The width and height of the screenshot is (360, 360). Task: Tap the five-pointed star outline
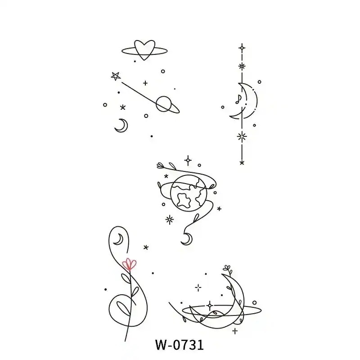click(x=116, y=76)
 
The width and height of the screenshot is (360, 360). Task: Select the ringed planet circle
click(x=163, y=104)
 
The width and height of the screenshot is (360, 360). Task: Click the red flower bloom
click(x=129, y=264)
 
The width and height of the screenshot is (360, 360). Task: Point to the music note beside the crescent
click(x=238, y=99)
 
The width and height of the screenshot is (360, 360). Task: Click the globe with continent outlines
click(x=189, y=193)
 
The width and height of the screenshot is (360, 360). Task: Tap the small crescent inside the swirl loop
click(x=118, y=239)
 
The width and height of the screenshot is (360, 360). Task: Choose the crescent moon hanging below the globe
click(x=187, y=239)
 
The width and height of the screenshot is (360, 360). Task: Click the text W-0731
click(x=180, y=345)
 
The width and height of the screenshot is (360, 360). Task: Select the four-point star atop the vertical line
click(x=242, y=48)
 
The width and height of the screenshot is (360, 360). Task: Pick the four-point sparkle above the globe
click(x=188, y=160)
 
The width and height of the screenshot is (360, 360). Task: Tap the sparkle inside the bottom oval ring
click(x=210, y=306)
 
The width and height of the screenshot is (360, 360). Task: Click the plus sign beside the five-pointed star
click(x=145, y=83)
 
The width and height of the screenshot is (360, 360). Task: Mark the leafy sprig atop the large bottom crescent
click(x=227, y=269)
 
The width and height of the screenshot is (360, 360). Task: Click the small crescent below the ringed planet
click(x=121, y=126)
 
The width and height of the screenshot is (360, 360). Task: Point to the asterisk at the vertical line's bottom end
click(x=242, y=163)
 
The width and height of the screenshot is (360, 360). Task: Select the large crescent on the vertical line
click(x=244, y=101)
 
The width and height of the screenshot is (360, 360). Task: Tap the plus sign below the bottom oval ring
click(x=234, y=331)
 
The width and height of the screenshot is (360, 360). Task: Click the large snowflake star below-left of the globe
click(x=170, y=220)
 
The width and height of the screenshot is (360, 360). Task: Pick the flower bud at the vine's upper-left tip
click(x=161, y=165)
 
